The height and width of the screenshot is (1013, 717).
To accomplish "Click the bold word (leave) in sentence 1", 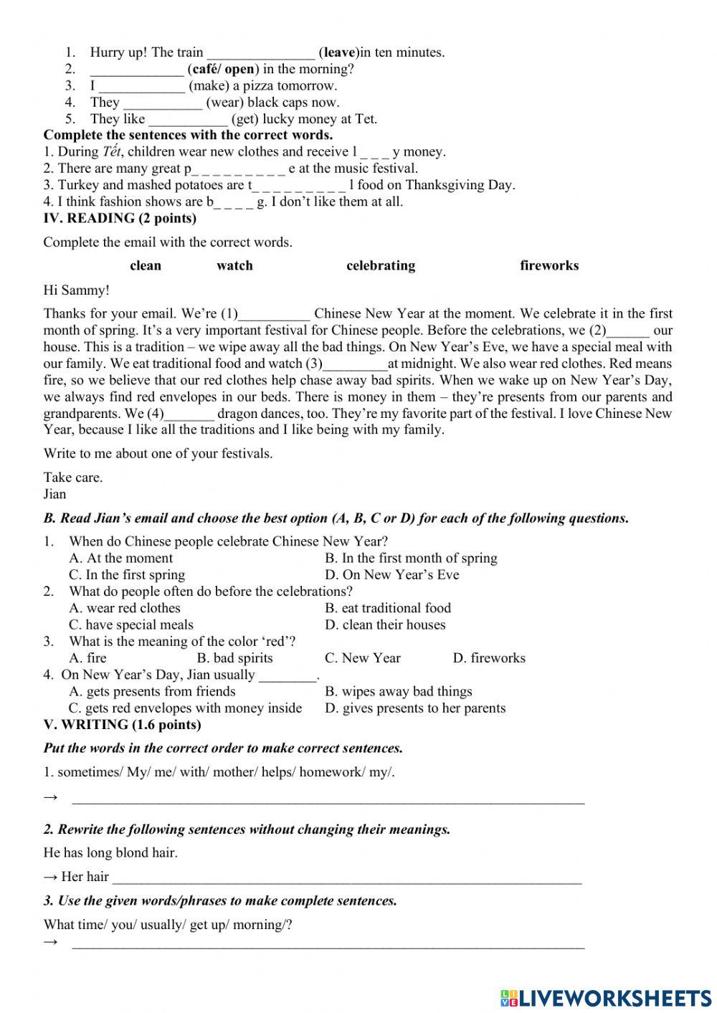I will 339,52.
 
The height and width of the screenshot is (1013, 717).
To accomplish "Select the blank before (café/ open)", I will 136,70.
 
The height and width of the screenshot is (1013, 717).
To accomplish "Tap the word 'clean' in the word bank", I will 146,265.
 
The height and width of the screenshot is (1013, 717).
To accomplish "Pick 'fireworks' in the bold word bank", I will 549,265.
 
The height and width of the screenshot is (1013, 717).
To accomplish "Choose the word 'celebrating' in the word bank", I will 381,265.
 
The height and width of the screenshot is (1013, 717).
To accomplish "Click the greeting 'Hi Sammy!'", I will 77,290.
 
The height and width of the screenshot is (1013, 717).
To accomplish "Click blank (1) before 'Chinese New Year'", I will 275,314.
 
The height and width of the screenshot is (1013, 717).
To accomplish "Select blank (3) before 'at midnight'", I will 356,364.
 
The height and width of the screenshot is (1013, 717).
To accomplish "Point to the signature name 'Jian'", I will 54,494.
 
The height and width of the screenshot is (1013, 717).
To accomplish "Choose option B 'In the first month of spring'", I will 411,558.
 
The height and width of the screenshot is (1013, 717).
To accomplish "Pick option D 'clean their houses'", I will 385,624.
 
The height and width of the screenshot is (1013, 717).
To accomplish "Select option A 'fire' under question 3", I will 87,658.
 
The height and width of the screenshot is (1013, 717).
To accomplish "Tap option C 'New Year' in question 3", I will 363,658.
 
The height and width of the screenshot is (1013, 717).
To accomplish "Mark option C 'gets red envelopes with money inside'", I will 185,708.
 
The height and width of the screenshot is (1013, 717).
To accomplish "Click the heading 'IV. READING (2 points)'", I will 120,218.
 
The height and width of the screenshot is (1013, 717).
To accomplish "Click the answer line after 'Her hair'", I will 346,878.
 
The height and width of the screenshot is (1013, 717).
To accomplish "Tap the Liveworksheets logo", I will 606,998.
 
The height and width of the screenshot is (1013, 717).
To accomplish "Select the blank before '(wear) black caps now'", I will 162,103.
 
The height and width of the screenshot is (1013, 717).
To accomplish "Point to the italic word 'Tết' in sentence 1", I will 112,151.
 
